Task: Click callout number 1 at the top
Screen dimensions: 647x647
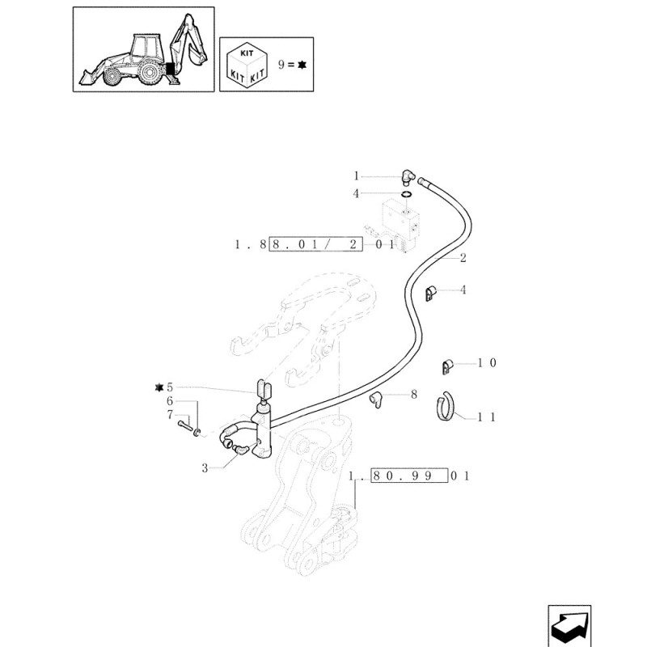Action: point(355,175)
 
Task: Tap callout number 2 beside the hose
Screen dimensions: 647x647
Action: point(462,259)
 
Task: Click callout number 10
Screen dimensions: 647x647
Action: point(486,363)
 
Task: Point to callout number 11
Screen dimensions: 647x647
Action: point(486,417)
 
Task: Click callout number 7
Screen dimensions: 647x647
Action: point(170,415)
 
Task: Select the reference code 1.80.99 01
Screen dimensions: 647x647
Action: point(409,476)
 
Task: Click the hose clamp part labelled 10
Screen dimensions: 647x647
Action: point(445,366)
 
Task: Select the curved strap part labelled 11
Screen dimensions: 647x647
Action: point(445,404)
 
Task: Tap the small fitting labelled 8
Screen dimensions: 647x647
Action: point(377,399)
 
